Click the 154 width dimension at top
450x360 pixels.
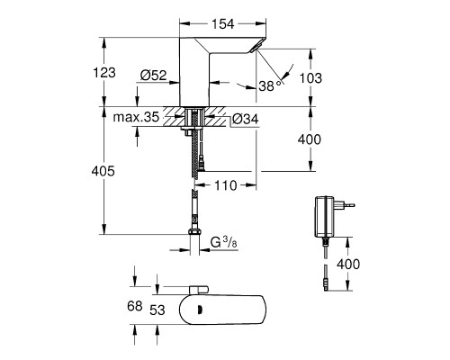click(x=222, y=24)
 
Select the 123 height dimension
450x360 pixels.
click(x=104, y=73)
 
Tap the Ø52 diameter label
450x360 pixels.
click(x=153, y=76)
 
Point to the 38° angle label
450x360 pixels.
click(x=270, y=85)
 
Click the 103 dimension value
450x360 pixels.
click(x=310, y=78)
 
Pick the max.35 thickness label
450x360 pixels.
click(x=136, y=117)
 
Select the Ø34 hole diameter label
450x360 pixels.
click(x=245, y=119)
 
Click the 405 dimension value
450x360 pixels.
click(x=103, y=171)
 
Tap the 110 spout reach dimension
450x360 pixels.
click(x=226, y=185)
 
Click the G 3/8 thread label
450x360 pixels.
click(x=224, y=242)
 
